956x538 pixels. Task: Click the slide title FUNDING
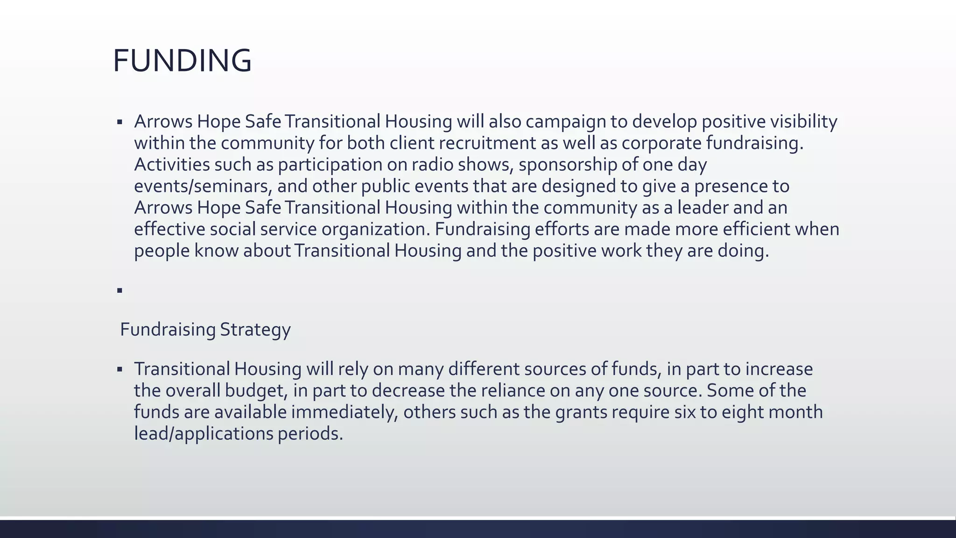coord(182,61)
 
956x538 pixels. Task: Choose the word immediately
coord(344,412)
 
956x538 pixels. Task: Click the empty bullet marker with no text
coord(120,290)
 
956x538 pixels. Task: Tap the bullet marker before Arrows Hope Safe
coord(120,122)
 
